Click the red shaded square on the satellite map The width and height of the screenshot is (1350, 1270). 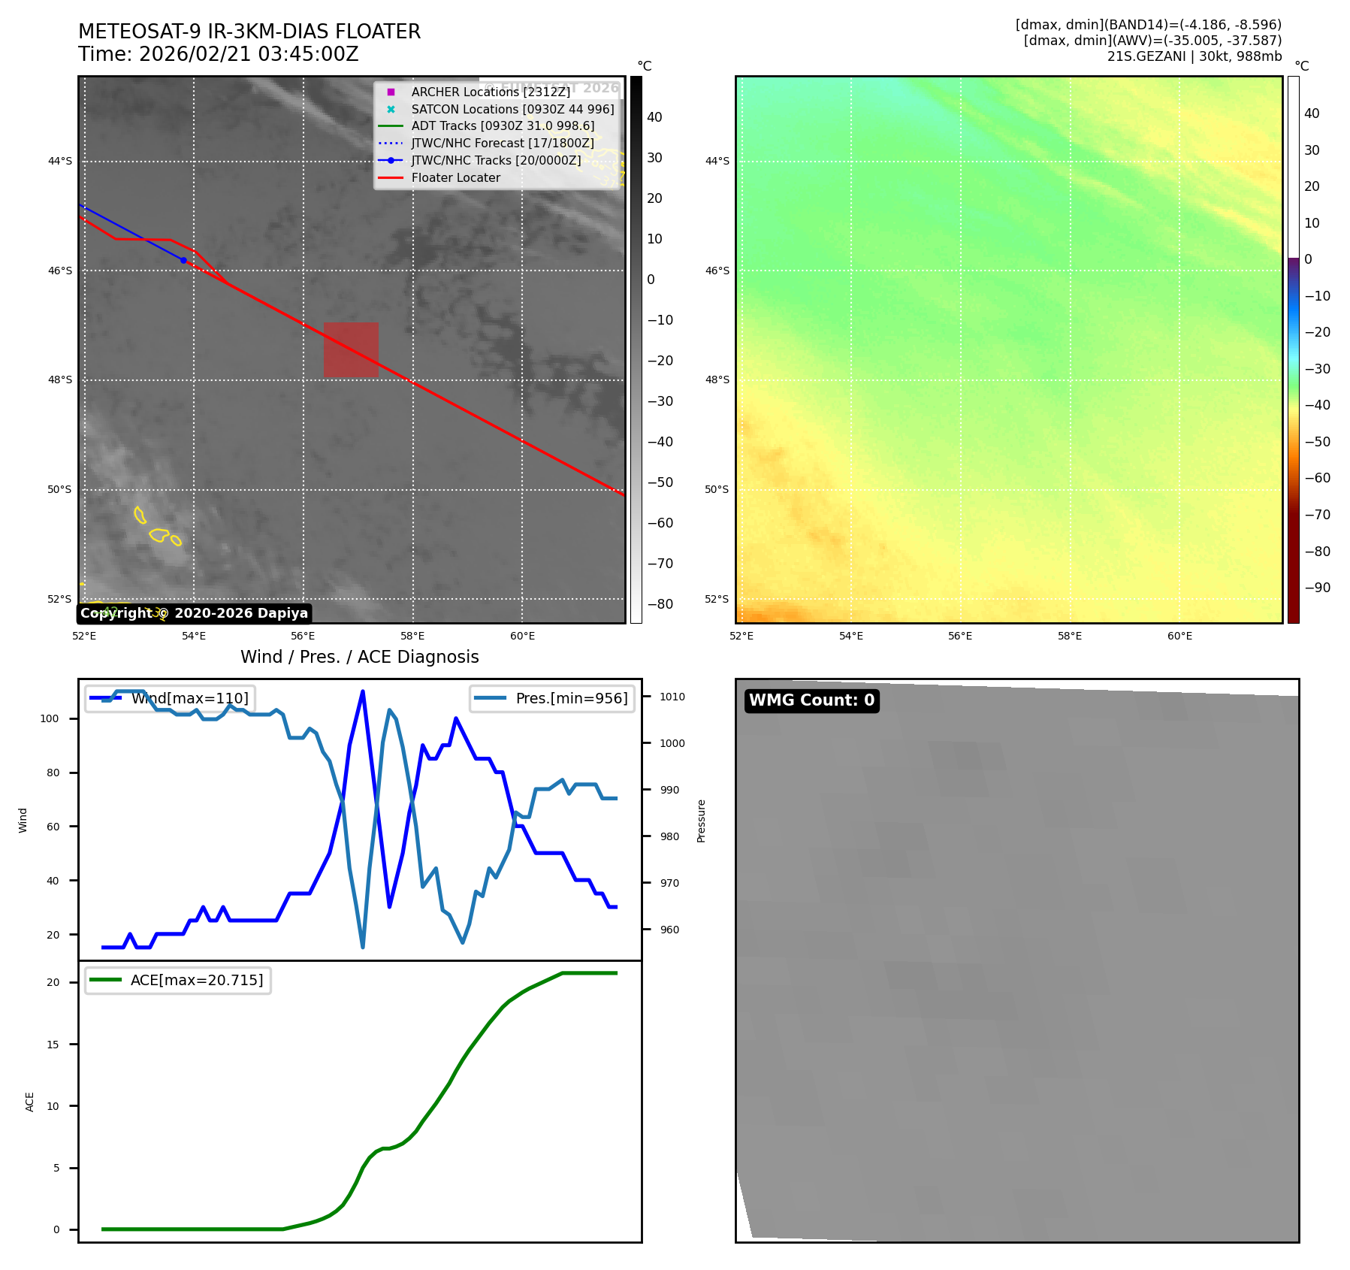pos(351,349)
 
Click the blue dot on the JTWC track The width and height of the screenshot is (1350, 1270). pos(183,260)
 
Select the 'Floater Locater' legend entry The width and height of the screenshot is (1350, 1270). pos(455,178)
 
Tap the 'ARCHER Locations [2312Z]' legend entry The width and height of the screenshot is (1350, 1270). pos(491,92)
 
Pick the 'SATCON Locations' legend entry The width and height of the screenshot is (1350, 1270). pos(512,109)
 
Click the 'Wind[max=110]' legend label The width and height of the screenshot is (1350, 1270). pos(189,698)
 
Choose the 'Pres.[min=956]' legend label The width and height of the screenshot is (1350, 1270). pos(571,698)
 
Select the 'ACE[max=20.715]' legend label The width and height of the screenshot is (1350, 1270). pos(197,980)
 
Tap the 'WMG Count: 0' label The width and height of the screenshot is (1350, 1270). pos(811,700)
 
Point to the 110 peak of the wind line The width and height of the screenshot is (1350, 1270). pos(363,691)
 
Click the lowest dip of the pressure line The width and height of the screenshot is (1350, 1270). pos(363,947)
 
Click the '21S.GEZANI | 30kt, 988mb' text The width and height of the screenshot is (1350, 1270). pos(1194,56)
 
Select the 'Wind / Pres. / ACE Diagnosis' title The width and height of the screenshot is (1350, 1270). pos(359,657)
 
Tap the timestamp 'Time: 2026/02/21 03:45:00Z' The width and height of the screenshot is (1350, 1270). pos(218,54)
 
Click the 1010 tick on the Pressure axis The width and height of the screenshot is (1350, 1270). pos(672,697)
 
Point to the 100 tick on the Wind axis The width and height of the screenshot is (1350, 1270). pos(50,718)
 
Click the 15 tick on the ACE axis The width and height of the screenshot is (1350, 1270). pos(53,1045)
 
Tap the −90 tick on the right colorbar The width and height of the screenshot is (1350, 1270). pos(1317,588)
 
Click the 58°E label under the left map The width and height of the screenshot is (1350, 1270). pos(412,637)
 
